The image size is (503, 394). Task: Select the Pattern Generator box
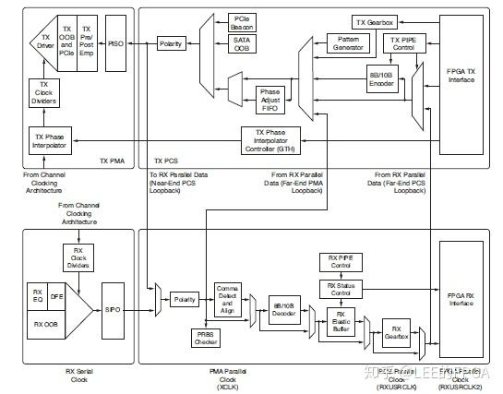coord(348,43)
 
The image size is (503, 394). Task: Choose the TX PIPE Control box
coord(406,43)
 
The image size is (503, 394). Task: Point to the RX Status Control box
coord(340,291)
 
